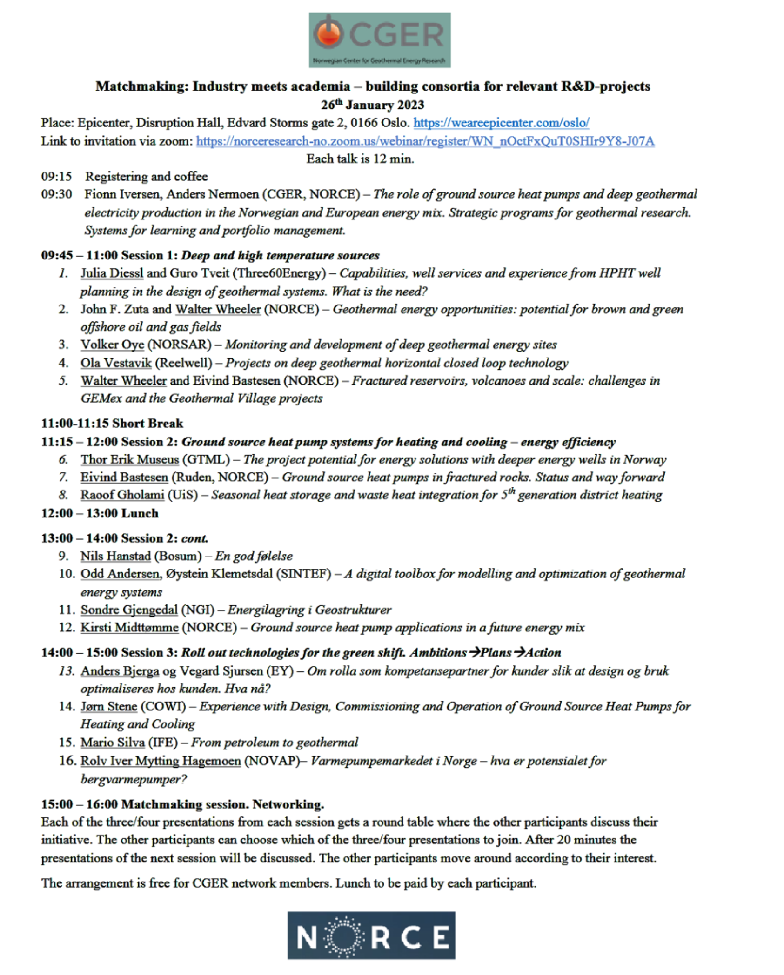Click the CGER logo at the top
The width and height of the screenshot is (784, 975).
[379, 40]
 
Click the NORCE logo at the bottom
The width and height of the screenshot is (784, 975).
[371, 935]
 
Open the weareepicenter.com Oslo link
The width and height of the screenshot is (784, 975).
[501, 123]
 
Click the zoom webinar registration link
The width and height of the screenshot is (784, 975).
[425, 141]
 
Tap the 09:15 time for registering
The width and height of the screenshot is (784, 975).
[56, 177]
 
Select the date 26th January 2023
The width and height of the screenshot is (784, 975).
[372, 105]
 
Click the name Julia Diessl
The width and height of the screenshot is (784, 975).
[112, 273]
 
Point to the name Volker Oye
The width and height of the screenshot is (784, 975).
[112, 345]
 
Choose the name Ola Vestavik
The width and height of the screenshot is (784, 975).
[116, 363]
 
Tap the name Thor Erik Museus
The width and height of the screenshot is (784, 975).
[129, 459]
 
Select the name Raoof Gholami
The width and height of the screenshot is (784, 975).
[122, 495]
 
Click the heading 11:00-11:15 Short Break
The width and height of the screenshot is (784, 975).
[112, 423]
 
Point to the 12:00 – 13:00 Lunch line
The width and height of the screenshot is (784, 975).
[100, 513]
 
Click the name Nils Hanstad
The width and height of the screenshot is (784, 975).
[115, 556]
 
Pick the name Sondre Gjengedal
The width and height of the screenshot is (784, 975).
[129, 610]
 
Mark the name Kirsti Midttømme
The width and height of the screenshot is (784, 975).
[129, 628]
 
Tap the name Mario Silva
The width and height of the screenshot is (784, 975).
[112, 743]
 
